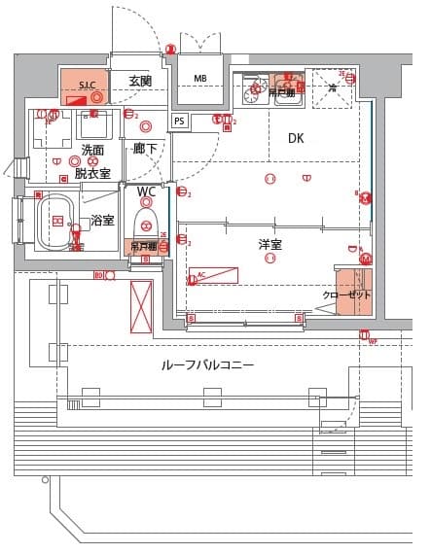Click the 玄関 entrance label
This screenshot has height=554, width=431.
(x=140, y=81)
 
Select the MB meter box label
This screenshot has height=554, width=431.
(x=200, y=79)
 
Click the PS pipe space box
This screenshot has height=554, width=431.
(x=179, y=121)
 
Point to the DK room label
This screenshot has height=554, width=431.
(x=296, y=139)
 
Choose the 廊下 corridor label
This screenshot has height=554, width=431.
(x=145, y=149)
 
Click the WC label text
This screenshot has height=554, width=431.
(x=146, y=191)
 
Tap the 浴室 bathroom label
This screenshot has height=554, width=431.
(x=102, y=221)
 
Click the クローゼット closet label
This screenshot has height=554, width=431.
(x=346, y=294)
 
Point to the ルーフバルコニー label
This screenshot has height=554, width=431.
(x=207, y=365)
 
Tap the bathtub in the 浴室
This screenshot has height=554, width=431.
(x=56, y=223)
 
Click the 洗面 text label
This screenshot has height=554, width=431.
(x=92, y=150)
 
